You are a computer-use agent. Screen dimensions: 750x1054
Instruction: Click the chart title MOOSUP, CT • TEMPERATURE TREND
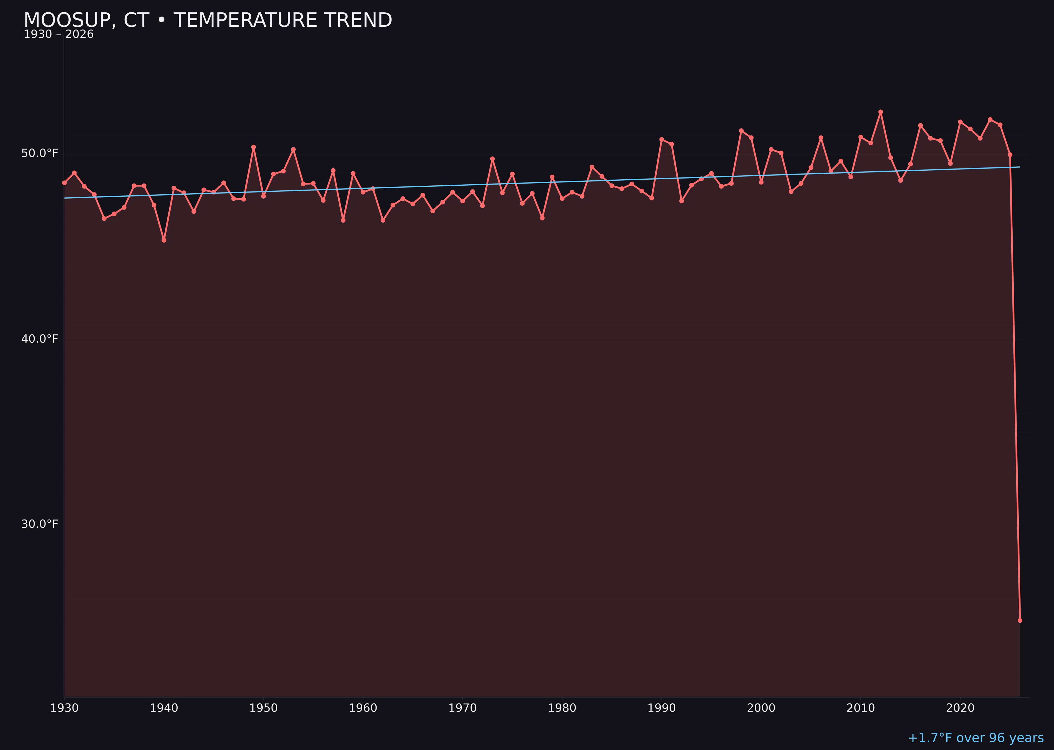tap(208, 20)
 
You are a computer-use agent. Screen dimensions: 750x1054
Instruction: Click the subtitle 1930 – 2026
tap(58, 35)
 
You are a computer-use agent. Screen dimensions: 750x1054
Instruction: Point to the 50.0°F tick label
tap(40, 153)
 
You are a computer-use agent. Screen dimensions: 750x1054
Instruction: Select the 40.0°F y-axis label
tap(40, 339)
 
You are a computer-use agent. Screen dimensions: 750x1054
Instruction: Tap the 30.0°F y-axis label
tap(40, 524)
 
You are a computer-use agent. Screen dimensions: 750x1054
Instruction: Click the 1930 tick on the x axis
tap(65, 708)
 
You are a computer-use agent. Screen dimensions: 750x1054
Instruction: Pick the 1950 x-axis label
tap(263, 708)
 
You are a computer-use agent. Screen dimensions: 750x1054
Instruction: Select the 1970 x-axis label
tap(462, 708)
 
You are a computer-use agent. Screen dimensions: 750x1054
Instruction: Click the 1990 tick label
tap(661, 708)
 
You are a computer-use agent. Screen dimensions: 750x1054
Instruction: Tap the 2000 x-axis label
tap(761, 708)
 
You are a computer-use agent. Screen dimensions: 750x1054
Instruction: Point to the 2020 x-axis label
tap(960, 708)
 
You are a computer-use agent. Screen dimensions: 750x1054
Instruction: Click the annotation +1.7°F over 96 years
tap(975, 738)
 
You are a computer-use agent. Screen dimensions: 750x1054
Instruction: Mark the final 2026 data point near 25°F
tap(1020, 620)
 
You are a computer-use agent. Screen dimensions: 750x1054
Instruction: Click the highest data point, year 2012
tap(881, 112)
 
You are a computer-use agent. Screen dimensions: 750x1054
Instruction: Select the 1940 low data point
tap(164, 240)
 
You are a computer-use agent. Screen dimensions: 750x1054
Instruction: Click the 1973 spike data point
tap(492, 159)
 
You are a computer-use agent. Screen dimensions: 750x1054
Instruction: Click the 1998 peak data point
tap(741, 131)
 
